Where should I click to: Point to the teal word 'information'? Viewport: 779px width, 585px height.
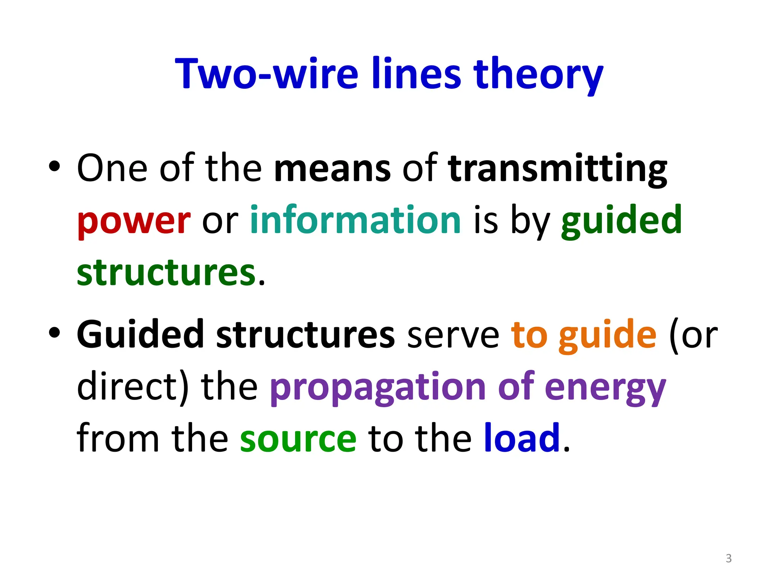(356, 220)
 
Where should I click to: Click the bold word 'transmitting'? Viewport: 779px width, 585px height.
(557, 168)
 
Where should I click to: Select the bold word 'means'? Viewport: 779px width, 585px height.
(332, 168)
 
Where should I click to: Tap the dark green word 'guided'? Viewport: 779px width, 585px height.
(621, 221)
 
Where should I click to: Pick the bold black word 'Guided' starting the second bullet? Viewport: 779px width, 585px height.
(140, 334)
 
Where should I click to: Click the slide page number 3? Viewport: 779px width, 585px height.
(728, 558)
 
